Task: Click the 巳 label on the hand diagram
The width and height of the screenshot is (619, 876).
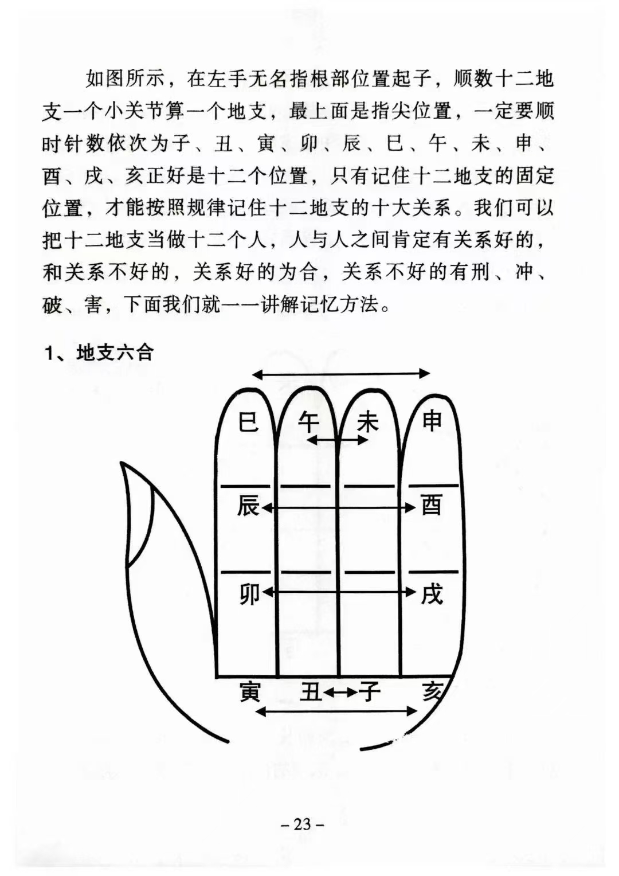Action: [x=248, y=423]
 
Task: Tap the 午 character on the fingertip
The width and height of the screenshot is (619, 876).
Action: [x=308, y=423]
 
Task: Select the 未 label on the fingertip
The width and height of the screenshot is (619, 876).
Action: [x=368, y=423]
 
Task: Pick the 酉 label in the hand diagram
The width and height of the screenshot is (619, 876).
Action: [x=432, y=506]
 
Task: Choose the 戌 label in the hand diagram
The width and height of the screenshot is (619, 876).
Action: [x=432, y=595]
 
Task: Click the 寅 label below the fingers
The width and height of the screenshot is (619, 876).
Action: [x=250, y=692]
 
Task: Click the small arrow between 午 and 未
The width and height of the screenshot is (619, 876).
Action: [x=338, y=440]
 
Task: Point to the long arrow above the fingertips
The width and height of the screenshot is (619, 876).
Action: [x=341, y=374]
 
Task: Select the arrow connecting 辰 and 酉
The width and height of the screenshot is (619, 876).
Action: [x=338, y=507]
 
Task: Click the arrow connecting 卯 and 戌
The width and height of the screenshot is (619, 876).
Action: [x=338, y=592]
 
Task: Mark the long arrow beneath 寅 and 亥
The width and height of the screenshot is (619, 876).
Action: [x=336, y=711]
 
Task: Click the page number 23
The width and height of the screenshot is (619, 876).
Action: [x=303, y=824]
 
